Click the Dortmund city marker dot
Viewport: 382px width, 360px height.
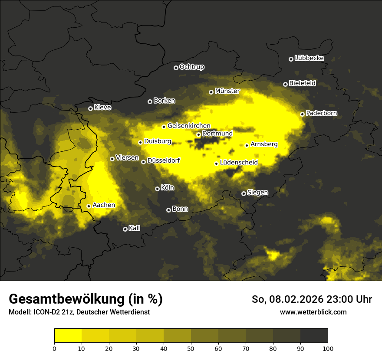198,134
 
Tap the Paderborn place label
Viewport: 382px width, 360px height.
321,114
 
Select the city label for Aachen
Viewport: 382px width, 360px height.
104,205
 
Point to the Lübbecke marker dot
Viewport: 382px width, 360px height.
291,59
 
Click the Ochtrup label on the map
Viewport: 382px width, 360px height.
191,67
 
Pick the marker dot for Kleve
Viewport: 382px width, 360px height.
90,108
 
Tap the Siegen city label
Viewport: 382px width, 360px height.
257,193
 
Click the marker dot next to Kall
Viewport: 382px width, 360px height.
125,229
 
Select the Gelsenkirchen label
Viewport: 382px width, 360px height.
189,126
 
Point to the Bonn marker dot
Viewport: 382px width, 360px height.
168,210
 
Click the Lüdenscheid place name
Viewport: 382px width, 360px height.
239,163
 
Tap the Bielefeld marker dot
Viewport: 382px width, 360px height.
285,84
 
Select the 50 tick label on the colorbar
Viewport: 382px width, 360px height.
191,348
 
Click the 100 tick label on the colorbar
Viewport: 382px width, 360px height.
328,348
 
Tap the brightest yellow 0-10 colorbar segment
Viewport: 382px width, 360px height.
68,335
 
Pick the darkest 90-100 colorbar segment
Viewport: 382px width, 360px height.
314,335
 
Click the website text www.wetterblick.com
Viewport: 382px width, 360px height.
313,312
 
